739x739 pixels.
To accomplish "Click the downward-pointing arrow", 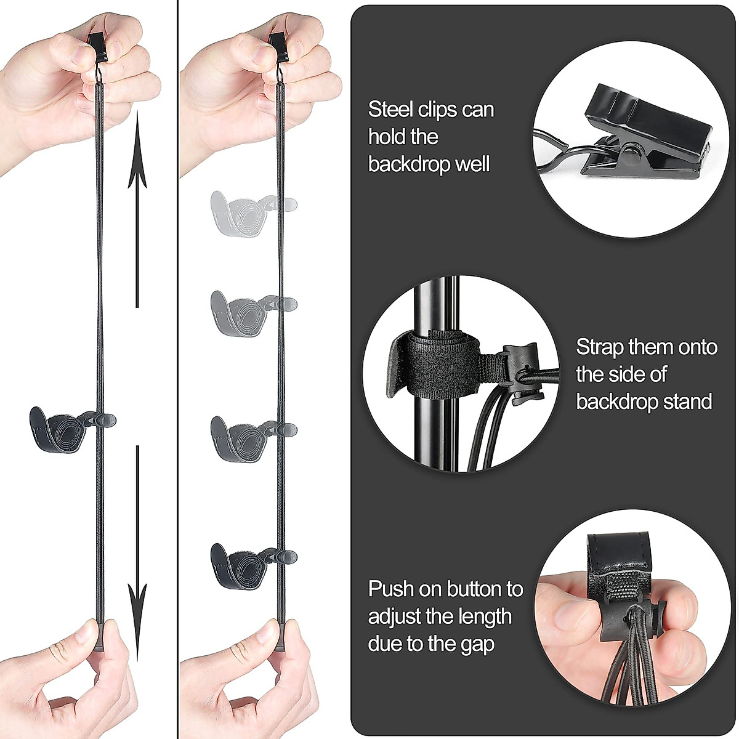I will click(x=137, y=554).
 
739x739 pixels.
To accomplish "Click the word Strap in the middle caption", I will click(x=600, y=347).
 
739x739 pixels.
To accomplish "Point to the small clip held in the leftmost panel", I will click(x=97, y=44).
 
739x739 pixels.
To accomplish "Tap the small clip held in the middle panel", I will click(x=278, y=44).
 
